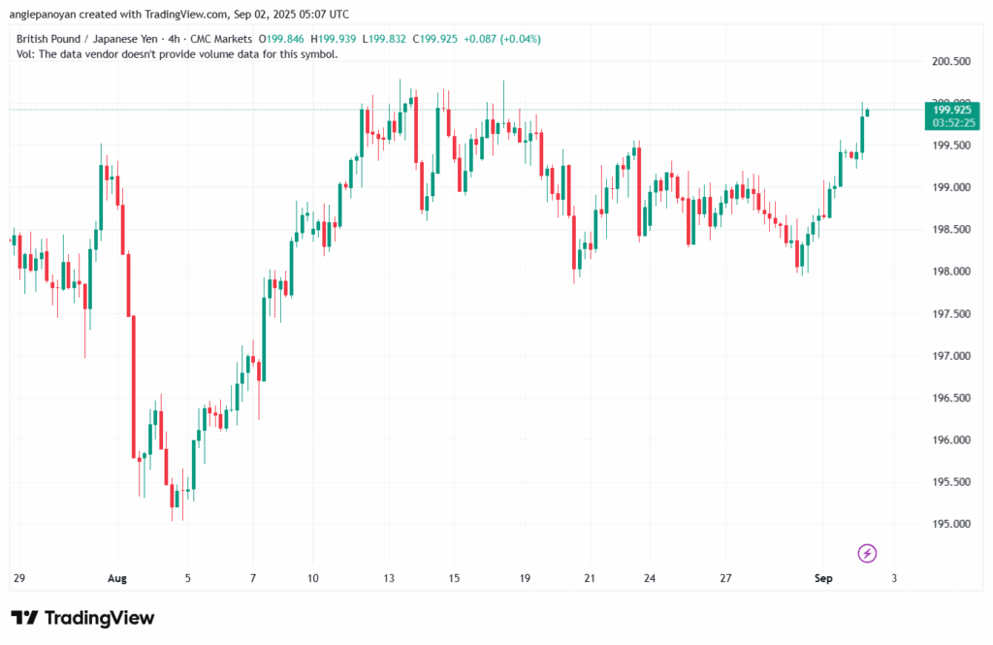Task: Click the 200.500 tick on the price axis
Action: click(951, 61)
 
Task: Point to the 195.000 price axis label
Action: click(951, 524)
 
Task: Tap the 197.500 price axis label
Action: click(951, 313)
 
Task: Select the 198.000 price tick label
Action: click(951, 272)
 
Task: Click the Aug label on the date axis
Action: click(117, 578)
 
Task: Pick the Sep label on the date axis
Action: click(823, 578)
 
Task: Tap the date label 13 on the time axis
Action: click(389, 578)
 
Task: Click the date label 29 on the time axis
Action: click(19, 578)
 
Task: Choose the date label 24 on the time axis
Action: click(650, 578)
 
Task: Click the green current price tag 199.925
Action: click(952, 110)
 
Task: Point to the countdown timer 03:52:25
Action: click(954, 122)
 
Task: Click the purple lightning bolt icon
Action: click(867, 553)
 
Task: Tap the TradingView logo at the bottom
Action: click(82, 618)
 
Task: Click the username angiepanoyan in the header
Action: click(43, 14)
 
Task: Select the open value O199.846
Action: click(281, 40)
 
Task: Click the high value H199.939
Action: click(334, 40)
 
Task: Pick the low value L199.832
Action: click(384, 40)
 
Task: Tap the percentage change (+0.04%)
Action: click(521, 40)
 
